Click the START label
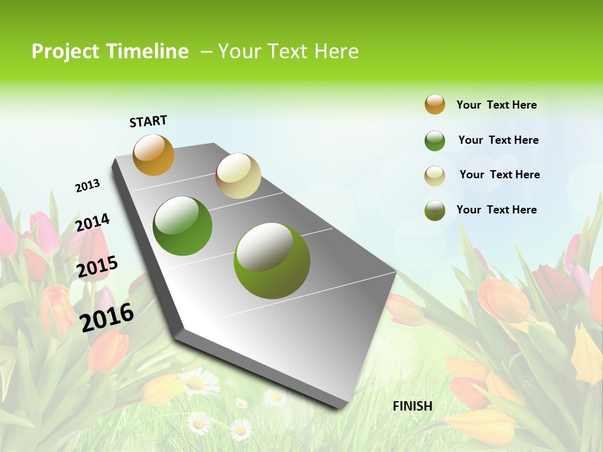pyautogui.click(x=148, y=121)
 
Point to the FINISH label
pyautogui.click(x=413, y=406)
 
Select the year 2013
pyautogui.click(x=87, y=186)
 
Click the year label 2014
pyautogui.click(x=92, y=223)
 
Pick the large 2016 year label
pyautogui.click(x=107, y=317)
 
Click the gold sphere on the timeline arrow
pyautogui.click(x=154, y=155)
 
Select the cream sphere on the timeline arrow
pyautogui.click(x=238, y=176)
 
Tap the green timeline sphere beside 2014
pyautogui.click(x=183, y=226)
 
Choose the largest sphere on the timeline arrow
pyautogui.click(x=272, y=261)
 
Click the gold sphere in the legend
pyautogui.click(x=435, y=104)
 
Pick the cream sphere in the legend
pyautogui.click(x=435, y=176)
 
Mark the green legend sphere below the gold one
pyautogui.click(x=435, y=141)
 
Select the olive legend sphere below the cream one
pyautogui.click(x=435, y=210)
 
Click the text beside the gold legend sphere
pyautogui.click(x=496, y=105)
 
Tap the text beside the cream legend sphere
pyautogui.click(x=499, y=175)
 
